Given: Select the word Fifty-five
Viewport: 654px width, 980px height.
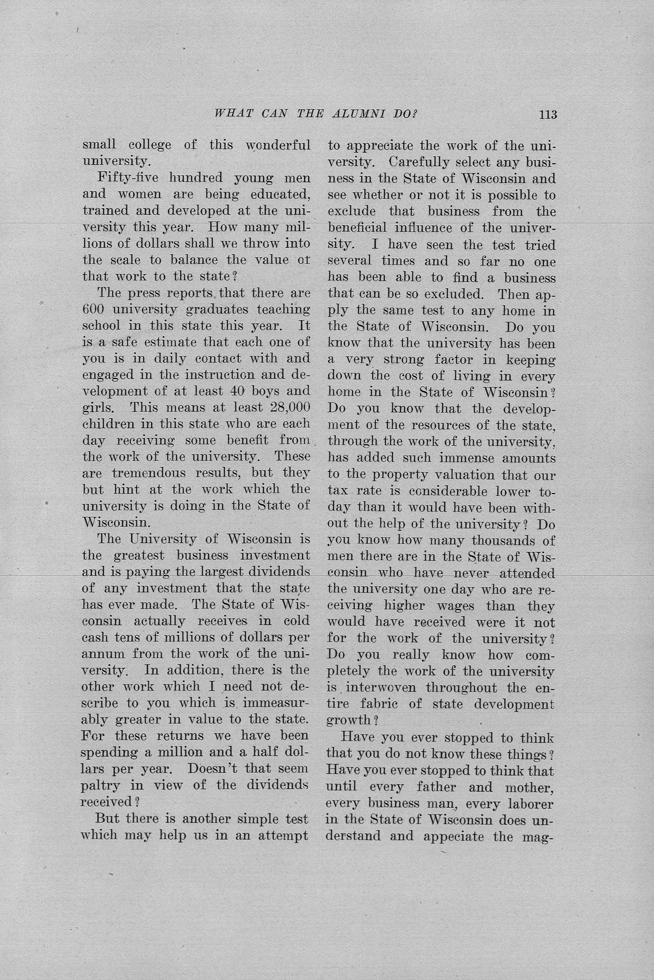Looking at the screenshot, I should click(128, 178).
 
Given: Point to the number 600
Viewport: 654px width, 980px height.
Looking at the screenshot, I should click(93, 309).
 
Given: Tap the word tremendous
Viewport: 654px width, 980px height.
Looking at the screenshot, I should click(149, 473).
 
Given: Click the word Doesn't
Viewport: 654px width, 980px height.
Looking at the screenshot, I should click(212, 768).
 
